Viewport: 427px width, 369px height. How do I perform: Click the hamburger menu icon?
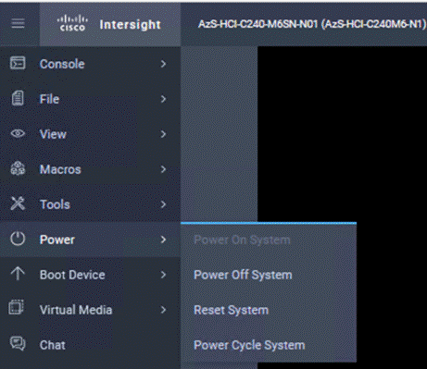pyautogui.click(x=18, y=24)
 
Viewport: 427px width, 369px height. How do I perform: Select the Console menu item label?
pyautogui.click(x=62, y=64)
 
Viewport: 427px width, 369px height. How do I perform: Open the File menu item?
pyautogui.click(x=50, y=99)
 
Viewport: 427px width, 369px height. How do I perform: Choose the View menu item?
pyautogui.click(x=53, y=134)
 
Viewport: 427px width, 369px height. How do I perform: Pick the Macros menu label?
pyautogui.click(x=60, y=169)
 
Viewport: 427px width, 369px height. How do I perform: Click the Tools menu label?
pyautogui.click(x=55, y=204)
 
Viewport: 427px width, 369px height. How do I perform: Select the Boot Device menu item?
pyautogui.click(x=72, y=275)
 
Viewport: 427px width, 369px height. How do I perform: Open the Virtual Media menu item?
pyautogui.click(x=76, y=310)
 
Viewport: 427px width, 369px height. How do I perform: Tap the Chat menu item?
pyautogui.click(x=52, y=345)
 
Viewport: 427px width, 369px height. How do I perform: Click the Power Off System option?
pyautogui.click(x=243, y=275)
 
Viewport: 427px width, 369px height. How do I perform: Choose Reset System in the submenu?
pyautogui.click(x=231, y=310)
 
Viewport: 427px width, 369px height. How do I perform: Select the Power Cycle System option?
pyautogui.click(x=248, y=345)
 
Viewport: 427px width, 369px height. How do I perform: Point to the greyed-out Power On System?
pyautogui.click(x=242, y=240)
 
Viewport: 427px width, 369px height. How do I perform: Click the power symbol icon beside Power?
pyautogui.click(x=17, y=240)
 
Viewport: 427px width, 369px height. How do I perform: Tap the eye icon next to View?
pyautogui.click(x=17, y=134)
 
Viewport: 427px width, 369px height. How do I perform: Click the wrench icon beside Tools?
pyautogui.click(x=17, y=204)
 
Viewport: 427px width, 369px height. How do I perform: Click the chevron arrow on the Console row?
pyautogui.click(x=163, y=64)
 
